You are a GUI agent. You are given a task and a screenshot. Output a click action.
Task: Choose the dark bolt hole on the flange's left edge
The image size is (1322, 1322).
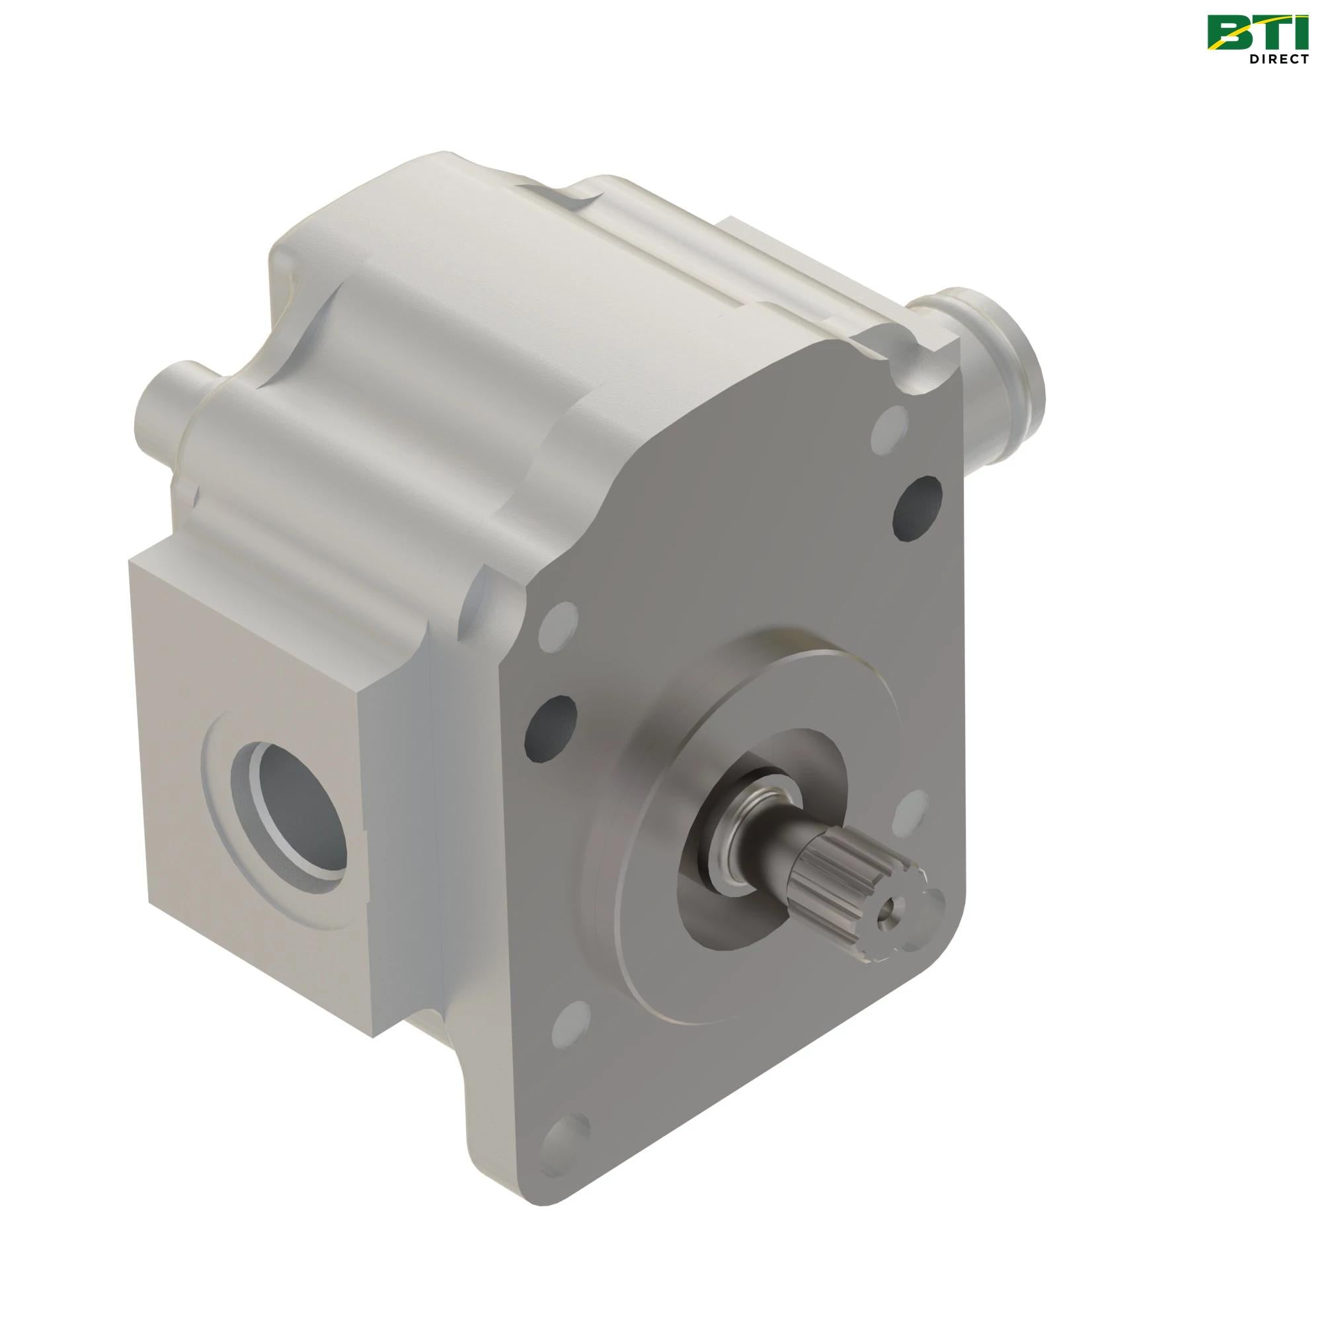[x=549, y=727]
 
